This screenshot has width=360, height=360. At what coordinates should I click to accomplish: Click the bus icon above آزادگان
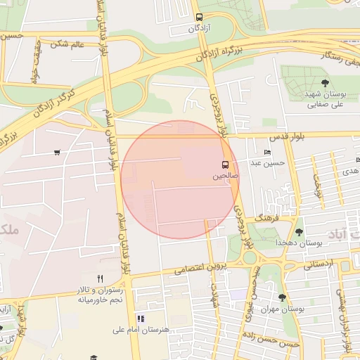pyautogui.click(x=199, y=17)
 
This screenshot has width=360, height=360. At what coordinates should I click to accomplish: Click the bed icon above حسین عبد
pyautogui.click(x=267, y=152)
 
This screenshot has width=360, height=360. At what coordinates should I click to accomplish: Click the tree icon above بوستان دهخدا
pyautogui.click(x=300, y=231)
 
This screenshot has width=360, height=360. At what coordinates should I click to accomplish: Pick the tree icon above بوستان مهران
pyautogui.click(x=283, y=297)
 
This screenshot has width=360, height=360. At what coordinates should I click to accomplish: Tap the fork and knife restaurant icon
pyautogui.click(x=101, y=278)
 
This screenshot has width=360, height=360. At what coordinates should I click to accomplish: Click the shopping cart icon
pyautogui.click(x=56, y=152)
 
